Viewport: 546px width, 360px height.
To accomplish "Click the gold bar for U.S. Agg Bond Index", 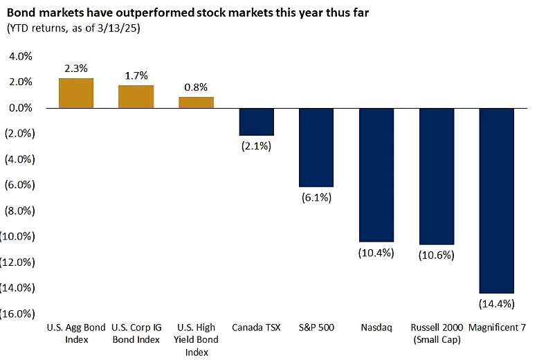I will pos(76,93).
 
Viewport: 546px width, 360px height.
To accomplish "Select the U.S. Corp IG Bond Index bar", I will pos(136,97).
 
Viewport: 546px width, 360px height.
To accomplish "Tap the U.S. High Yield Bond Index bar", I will pos(196,102).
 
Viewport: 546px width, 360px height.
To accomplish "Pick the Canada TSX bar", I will pos(256,122).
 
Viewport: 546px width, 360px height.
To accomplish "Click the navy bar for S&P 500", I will pos(316,147).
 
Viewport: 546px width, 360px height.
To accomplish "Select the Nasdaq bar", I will pos(376,175).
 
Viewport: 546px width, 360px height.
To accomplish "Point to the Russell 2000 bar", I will pos(437,177).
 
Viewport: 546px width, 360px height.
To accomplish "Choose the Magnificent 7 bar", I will pos(496,201).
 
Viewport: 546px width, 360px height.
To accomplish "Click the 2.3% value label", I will pos(75,69).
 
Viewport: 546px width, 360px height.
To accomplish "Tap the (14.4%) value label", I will pos(496,303).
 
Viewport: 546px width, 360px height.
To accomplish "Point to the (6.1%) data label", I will pos(316,197).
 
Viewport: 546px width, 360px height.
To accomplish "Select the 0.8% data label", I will pos(196,87).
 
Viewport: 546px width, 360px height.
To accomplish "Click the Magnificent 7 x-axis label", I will pos(497,327).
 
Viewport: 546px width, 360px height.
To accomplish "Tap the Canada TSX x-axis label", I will pos(256,327).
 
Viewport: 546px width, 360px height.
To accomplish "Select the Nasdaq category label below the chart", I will pos(376,327).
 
